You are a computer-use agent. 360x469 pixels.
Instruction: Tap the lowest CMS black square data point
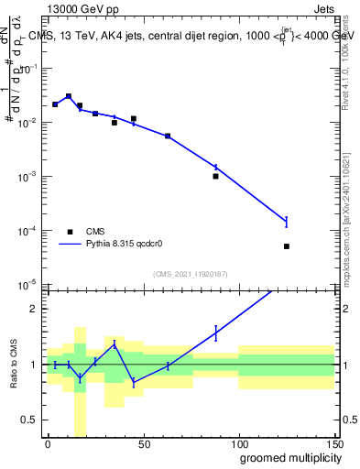pyautogui.click(x=287, y=246)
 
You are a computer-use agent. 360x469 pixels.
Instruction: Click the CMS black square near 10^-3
pyautogui.click(x=215, y=176)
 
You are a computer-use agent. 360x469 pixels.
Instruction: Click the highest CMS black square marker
pyautogui.click(x=69, y=96)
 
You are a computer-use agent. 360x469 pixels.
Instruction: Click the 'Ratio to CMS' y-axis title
pyautogui.click(x=12, y=365)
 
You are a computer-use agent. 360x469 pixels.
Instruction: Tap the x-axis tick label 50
pyautogui.click(x=143, y=443)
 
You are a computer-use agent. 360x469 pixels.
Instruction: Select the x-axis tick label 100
pyautogui.click(x=238, y=443)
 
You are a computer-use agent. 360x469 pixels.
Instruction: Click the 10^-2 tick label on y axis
pyautogui.click(x=27, y=123)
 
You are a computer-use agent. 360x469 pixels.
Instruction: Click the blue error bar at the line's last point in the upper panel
pyautogui.click(x=287, y=221)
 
